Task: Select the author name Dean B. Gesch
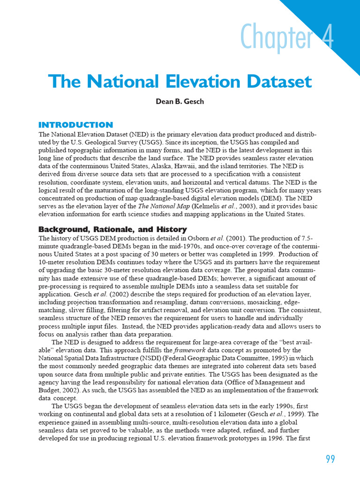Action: click(x=180, y=101)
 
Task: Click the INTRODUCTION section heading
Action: click(x=75, y=125)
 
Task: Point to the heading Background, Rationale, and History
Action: click(x=112, y=229)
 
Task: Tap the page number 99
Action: click(x=330, y=459)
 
